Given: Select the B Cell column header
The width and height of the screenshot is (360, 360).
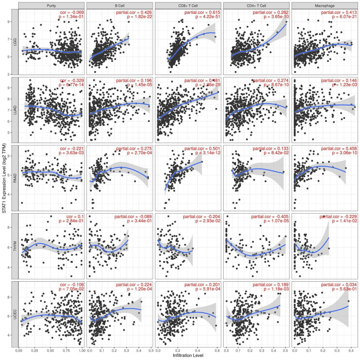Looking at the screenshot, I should (x=120, y=5).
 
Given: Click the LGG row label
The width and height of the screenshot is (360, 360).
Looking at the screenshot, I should (x=14, y=42).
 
